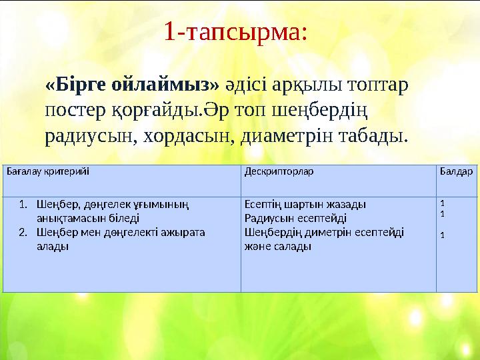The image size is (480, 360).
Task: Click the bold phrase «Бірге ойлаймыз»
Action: pyautogui.click(x=131, y=85)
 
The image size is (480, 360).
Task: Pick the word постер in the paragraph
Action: pyautogui.click(x=74, y=111)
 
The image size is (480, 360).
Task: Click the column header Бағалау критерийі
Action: pyautogui.click(x=47, y=171)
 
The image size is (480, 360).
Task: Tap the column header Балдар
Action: pyautogui.click(x=457, y=171)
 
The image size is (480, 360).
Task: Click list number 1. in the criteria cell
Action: pyautogui.click(x=23, y=204)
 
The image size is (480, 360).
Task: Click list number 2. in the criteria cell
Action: pyautogui.click(x=23, y=232)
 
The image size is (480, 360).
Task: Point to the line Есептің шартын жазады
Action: pyautogui.click(x=305, y=204)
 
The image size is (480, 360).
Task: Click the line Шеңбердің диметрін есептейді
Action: pyautogui.click(x=324, y=232)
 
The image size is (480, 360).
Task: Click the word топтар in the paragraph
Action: pyautogui.click(x=380, y=85)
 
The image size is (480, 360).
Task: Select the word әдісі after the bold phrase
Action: pyautogui.click(x=251, y=85)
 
